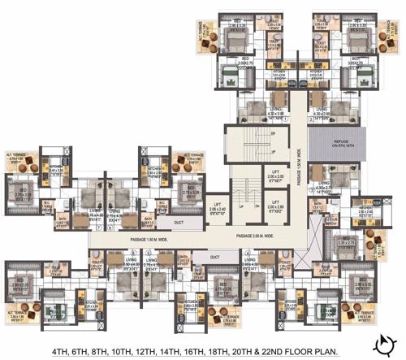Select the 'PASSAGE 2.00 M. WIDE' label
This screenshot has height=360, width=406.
tap(259, 236)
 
